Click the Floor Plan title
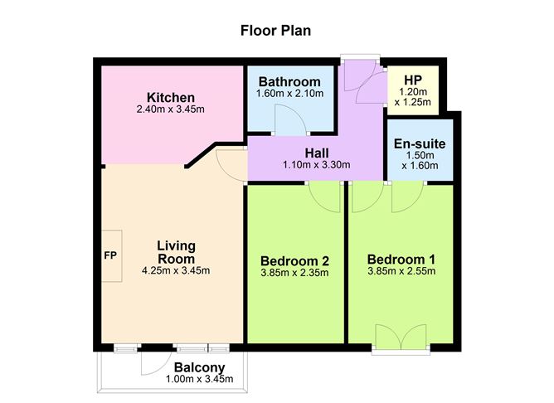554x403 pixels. pos(276,32)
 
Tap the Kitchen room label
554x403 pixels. pos(170,98)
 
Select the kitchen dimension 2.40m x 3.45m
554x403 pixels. pos(170,109)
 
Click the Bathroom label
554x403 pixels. pos(289,82)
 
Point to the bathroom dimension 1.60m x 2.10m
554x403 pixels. pos(289,94)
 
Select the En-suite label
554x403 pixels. pos(420,143)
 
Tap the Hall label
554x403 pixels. pos(317,153)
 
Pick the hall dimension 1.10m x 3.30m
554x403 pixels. pos(317,164)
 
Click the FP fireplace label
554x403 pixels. pos(109,255)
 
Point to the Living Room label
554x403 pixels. pos(176,251)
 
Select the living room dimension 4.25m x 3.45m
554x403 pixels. pos(176,269)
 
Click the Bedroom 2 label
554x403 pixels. pos(296,260)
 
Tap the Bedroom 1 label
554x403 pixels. pos(401,259)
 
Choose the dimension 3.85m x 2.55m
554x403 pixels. pos(401,270)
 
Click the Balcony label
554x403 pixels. pos(199,368)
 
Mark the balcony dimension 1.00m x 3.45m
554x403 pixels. pos(199,380)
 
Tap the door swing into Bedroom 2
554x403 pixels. pos(323,197)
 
